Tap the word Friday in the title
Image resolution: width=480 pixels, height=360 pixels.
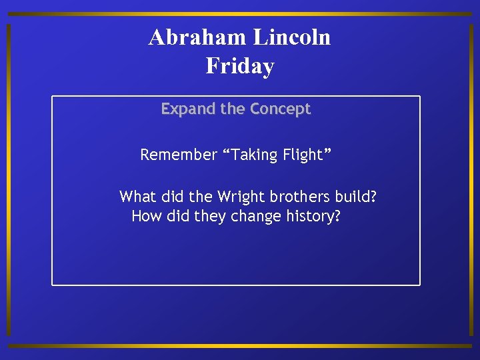[x=240, y=66]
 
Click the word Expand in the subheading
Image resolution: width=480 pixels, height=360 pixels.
[x=189, y=109]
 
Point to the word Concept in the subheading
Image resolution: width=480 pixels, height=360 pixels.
[x=281, y=109]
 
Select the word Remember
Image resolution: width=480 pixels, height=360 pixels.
[x=179, y=155]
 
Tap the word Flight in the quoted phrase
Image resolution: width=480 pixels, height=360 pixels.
[x=302, y=155]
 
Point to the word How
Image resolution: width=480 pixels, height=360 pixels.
[x=145, y=217]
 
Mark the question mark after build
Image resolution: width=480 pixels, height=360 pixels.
[x=373, y=197]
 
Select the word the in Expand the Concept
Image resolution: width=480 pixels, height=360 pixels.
[x=233, y=109]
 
